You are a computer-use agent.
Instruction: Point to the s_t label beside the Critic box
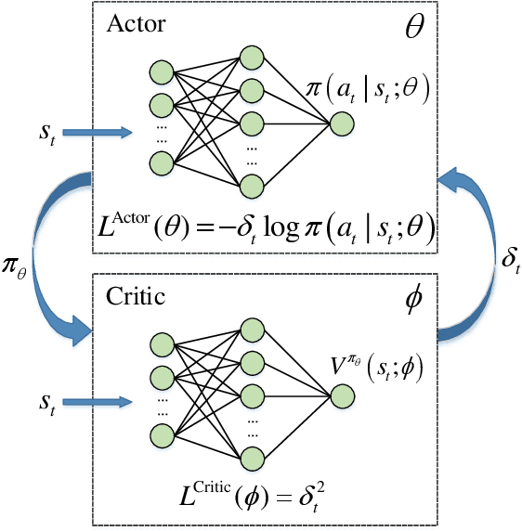[x=47, y=402]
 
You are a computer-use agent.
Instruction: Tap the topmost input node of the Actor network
[x=162, y=71]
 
